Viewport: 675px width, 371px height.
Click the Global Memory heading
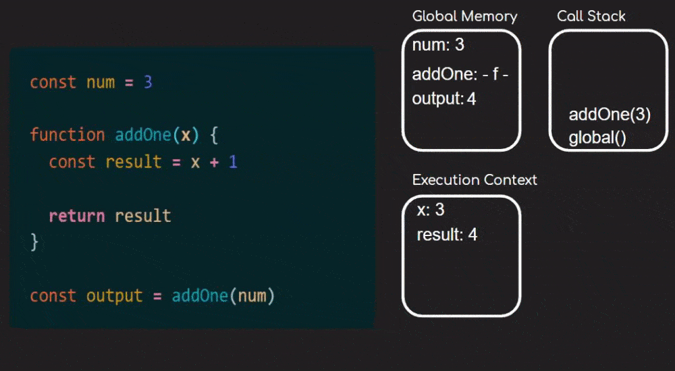tap(464, 16)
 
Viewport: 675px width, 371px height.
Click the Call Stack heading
tap(591, 16)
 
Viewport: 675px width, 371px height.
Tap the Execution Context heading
tap(475, 180)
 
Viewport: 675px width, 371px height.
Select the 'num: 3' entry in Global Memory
tap(438, 46)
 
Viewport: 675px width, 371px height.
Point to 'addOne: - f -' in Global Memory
tap(460, 75)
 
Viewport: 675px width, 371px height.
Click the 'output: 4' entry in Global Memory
tap(444, 99)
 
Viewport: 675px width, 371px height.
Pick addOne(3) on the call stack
tap(610, 115)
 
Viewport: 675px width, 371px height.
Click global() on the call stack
tap(597, 138)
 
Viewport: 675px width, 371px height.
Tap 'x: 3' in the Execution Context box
tap(431, 210)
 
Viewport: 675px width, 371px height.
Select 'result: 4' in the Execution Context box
tap(447, 235)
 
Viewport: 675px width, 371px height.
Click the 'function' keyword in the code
tap(67, 135)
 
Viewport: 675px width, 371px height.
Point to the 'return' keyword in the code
tap(76, 216)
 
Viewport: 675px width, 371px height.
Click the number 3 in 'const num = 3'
tap(148, 82)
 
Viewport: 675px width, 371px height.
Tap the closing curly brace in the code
tap(34, 241)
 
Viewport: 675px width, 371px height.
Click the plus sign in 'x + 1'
tap(214, 162)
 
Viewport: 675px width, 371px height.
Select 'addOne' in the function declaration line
tap(143, 135)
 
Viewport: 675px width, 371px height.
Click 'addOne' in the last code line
tap(200, 296)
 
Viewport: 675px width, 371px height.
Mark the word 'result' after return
tap(142, 216)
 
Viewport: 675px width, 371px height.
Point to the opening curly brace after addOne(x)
tap(213, 135)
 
